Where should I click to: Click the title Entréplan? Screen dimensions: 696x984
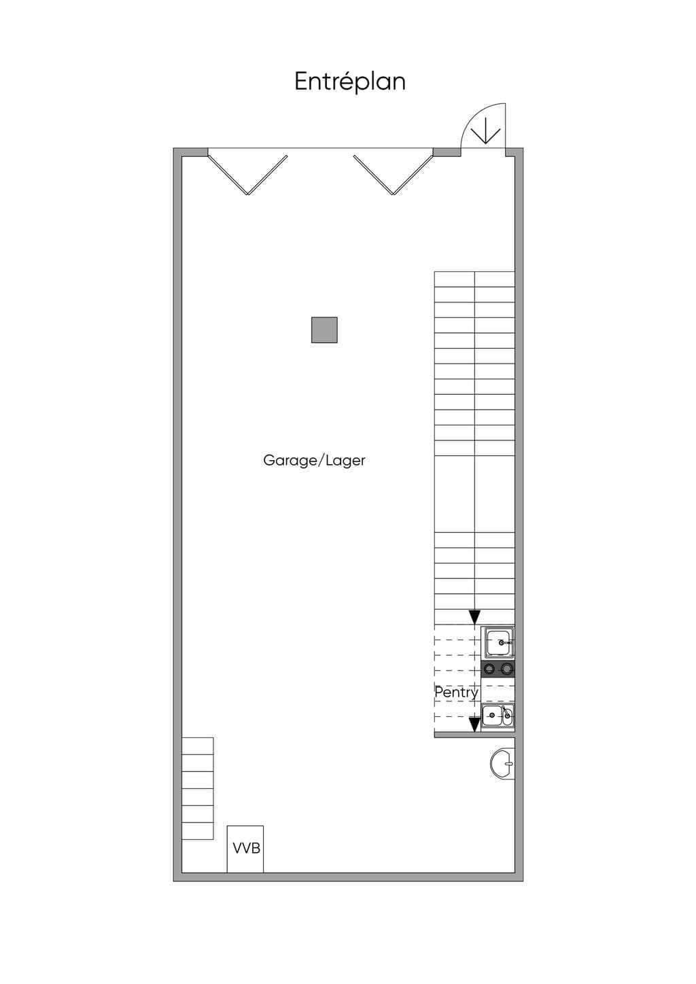pos(350,82)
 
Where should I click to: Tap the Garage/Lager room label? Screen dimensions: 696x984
pos(314,460)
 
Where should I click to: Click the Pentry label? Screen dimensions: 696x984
pos(456,692)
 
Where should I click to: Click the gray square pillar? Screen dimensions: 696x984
pos(324,330)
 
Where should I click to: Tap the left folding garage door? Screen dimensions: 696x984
pos(247,175)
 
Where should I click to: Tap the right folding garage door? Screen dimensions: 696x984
pos(394,175)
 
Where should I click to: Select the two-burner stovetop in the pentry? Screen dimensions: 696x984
pos(498,669)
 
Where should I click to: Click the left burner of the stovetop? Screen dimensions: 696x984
pos(489,669)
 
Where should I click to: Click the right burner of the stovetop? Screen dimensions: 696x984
pos(507,669)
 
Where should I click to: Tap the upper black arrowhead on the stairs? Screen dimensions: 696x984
pos(474,617)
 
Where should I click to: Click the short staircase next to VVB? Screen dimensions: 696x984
pos(198,788)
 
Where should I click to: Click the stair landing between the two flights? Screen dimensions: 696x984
pos(474,494)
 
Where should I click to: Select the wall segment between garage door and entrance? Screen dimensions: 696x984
pos(447,152)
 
